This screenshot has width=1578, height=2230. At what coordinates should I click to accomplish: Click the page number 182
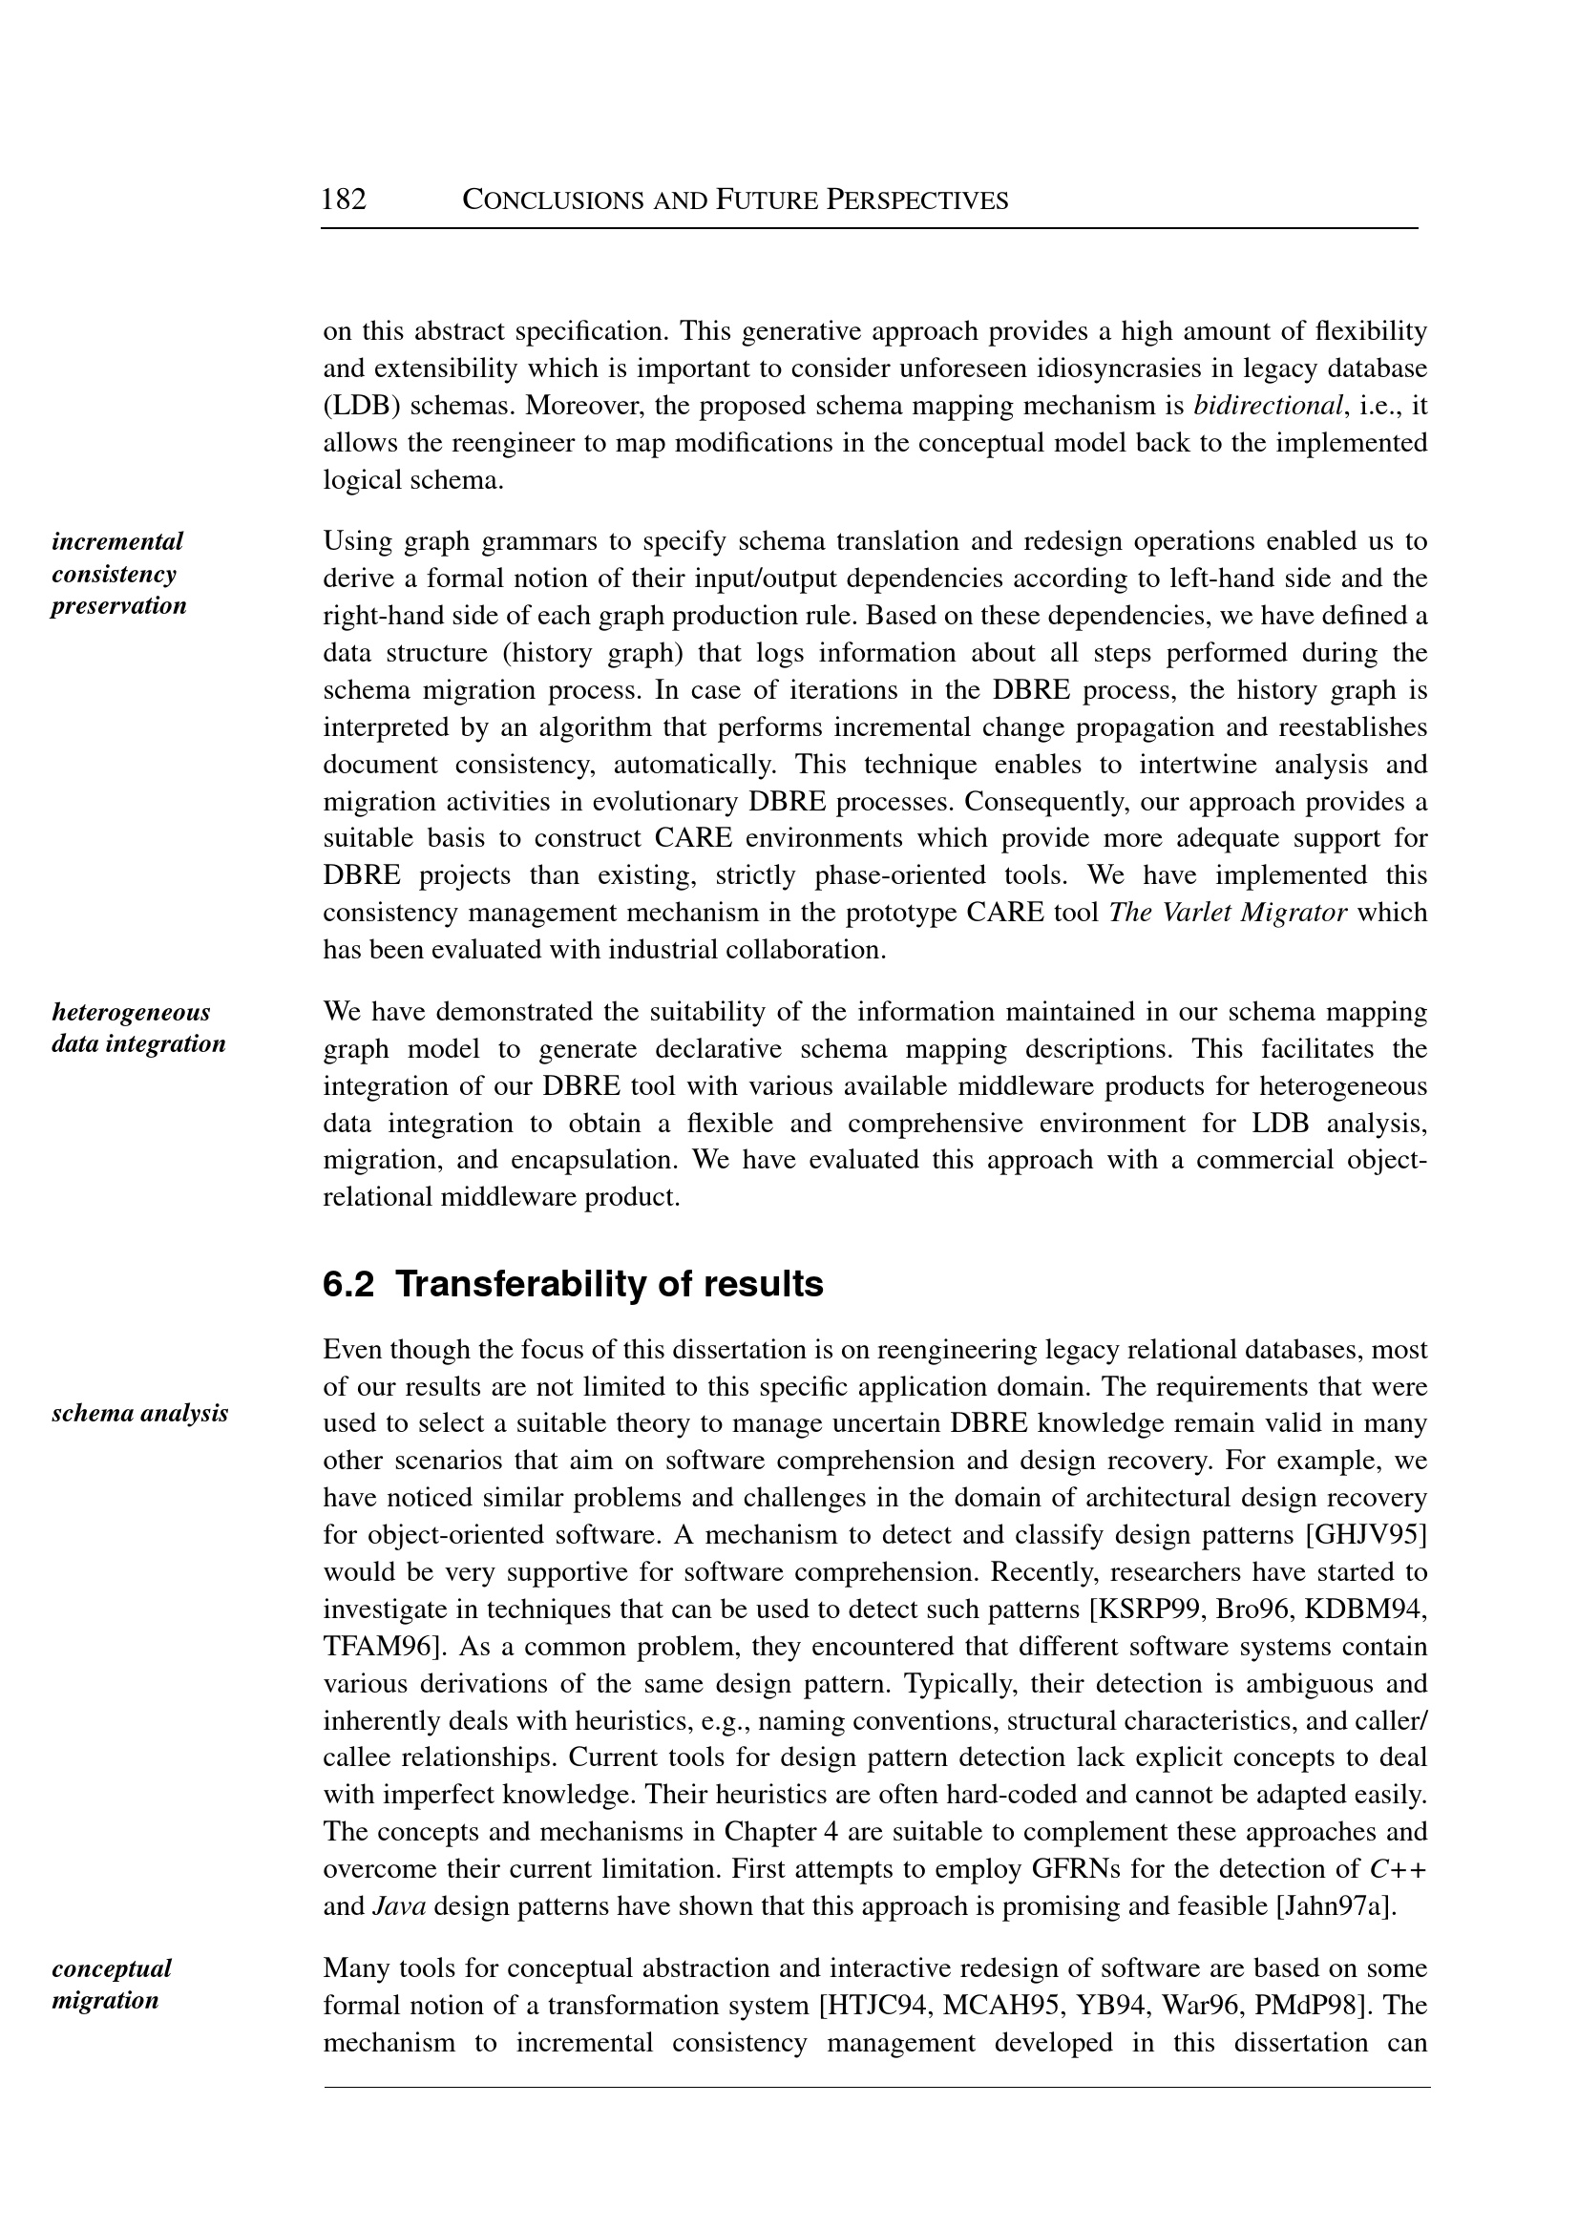tap(344, 200)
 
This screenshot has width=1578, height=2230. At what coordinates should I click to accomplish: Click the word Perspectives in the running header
tap(917, 201)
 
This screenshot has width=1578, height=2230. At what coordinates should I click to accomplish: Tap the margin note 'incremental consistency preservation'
tap(118, 574)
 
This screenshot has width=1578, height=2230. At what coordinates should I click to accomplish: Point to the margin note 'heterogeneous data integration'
tap(138, 1028)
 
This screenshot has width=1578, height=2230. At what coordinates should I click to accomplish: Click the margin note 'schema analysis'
tap(140, 1413)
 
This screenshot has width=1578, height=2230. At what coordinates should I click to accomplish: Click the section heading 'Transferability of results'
tap(609, 1285)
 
